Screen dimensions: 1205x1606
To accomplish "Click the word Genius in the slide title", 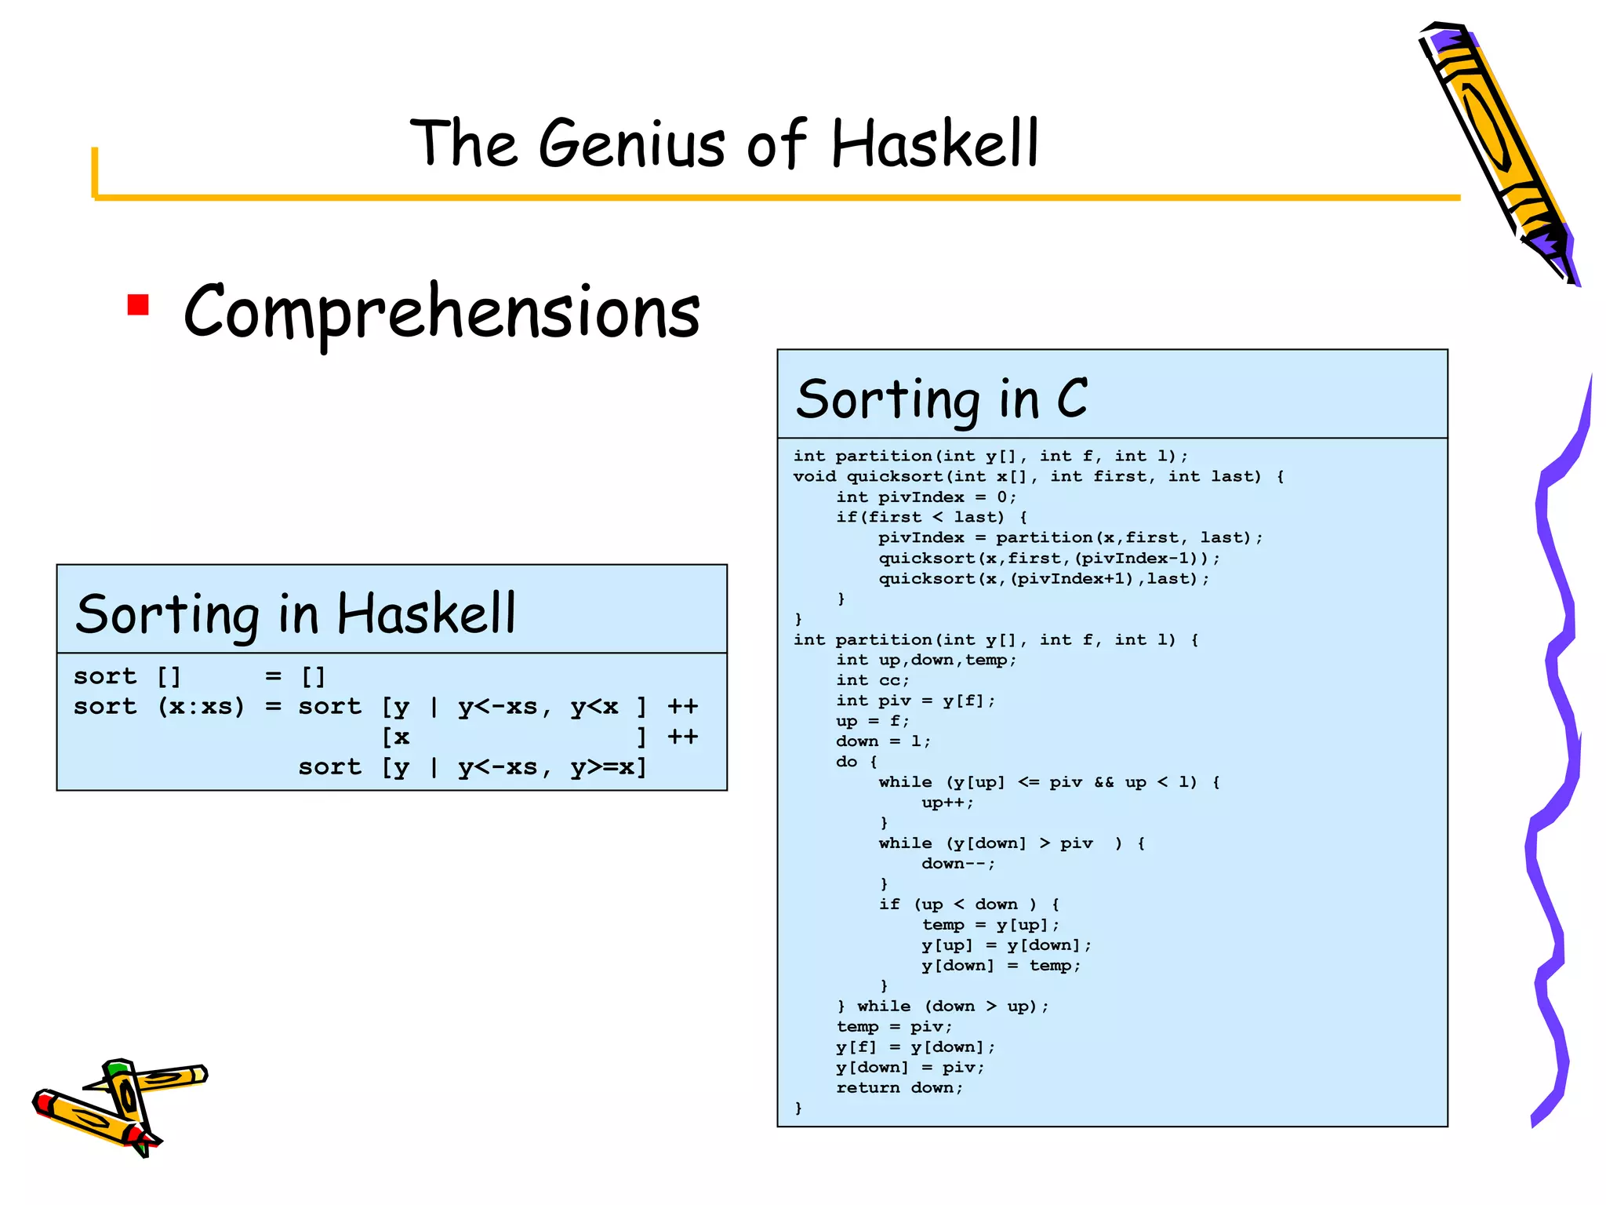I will click(x=632, y=144).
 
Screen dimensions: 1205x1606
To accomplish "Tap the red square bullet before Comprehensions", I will click(x=138, y=304).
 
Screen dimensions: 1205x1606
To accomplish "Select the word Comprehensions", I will click(x=441, y=312).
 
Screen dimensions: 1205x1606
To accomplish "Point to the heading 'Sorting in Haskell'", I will click(x=296, y=613).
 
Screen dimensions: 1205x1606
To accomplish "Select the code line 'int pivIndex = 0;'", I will click(x=926, y=497).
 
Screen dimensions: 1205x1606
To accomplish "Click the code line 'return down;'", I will click(x=899, y=1088).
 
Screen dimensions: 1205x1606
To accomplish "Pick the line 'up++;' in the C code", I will click(x=947, y=803).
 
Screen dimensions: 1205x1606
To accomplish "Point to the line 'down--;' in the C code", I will click(x=958, y=864).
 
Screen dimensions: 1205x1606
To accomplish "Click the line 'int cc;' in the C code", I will click(x=872, y=681).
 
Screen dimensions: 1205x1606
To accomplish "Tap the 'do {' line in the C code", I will click(x=856, y=762).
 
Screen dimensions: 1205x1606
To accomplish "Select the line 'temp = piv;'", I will click(x=894, y=1027).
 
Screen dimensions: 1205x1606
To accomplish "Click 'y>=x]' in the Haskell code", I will click(x=609, y=767).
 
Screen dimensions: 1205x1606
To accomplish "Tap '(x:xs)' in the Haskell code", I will click(x=202, y=707).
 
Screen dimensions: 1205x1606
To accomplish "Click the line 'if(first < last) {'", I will click(x=932, y=518).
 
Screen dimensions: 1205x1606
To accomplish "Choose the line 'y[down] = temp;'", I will click(x=1001, y=966).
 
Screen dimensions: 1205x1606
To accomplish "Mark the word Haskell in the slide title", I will click(x=935, y=144).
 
